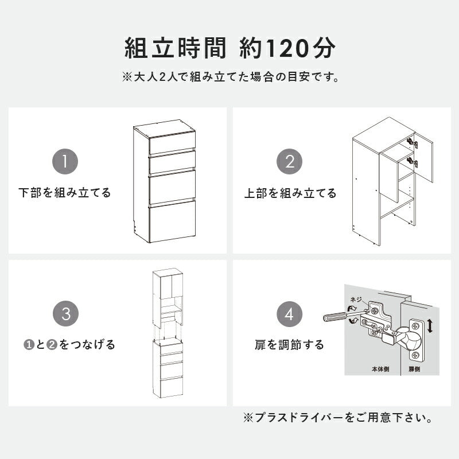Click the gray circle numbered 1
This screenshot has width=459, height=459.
coord(66,161)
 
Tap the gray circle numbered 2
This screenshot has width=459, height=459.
coord(290,161)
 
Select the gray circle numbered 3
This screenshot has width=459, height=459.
coord(66,314)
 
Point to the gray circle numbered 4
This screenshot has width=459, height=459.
coord(290,314)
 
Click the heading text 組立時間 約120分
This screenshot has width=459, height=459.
coord(229,49)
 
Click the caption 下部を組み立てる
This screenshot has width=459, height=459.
coord(65,192)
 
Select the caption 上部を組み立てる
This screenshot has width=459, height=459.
coord(290,193)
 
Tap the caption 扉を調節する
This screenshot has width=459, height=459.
coord(290,345)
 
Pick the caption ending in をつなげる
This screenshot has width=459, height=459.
coord(69,345)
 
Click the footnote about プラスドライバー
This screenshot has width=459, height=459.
coord(338,418)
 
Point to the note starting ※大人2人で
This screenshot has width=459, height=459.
coord(229,76)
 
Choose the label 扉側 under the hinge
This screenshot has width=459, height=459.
coord(414,369)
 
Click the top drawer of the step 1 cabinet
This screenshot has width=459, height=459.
coord(173,145)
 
